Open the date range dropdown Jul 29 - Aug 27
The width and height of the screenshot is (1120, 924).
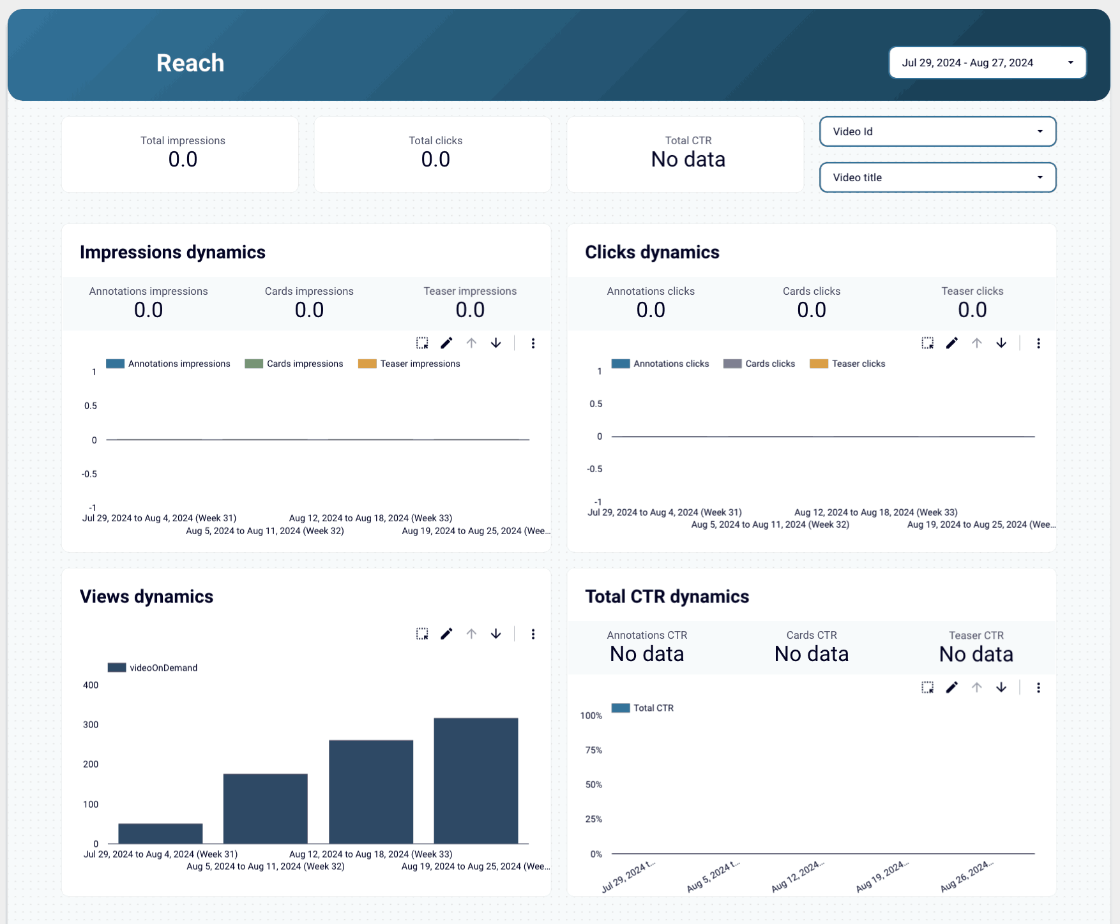click(987, 63)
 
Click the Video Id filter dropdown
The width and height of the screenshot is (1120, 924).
click(937, 131)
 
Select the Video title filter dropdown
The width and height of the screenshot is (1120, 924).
click(937, 177)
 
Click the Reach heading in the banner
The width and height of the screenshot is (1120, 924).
click(190, 63)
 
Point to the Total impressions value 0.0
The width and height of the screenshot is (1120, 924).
click(183, 160)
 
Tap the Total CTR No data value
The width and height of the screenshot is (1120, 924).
click(688, 160)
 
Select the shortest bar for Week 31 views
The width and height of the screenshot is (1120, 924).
click(160, 833)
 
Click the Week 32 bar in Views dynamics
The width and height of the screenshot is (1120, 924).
click(266, 808)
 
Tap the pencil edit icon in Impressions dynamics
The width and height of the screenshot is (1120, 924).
click(446, 343)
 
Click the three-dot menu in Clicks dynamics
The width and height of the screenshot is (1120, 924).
click(1038, 343)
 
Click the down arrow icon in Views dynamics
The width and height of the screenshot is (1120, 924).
click(496, 634)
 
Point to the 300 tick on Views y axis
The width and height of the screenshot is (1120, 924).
click(91, 725)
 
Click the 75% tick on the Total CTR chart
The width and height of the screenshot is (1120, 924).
click(593, 750)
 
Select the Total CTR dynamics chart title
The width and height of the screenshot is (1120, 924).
click(667, 597)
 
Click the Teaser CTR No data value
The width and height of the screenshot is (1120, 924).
click(976, 654)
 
